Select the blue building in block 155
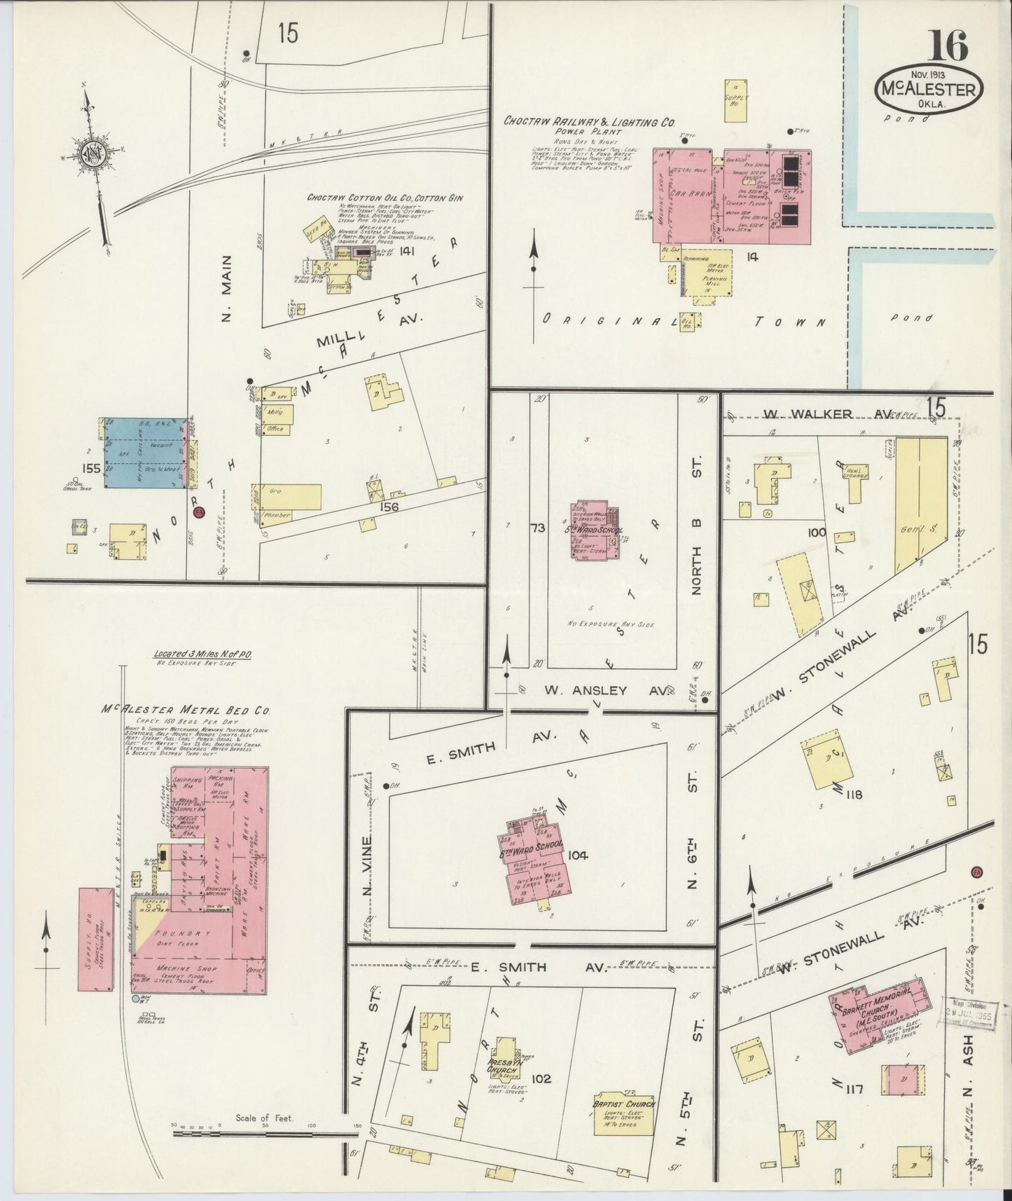[x=146, y=453]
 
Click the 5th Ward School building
[x=595, y=530]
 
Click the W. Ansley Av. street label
[x=606, y=690]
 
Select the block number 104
[x=580, y=855]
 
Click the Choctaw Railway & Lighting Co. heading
[x=589, y=121]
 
